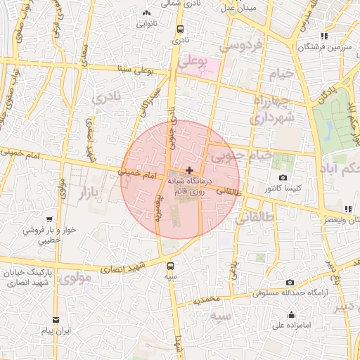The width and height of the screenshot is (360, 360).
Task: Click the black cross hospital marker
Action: pos(188,170)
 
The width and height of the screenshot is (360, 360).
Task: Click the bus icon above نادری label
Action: pos(181,30)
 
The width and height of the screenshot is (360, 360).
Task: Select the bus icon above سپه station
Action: pos(170,266)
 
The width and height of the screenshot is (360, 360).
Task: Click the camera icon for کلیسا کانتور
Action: pos(283,179)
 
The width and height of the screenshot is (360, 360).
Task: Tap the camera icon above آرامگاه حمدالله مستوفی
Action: pos(290,283)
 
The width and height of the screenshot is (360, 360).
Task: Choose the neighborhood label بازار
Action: pos(85,191)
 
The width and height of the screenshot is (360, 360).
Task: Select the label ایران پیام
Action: pos(57,330)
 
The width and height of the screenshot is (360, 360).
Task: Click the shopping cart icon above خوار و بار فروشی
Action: pos(49,219)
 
